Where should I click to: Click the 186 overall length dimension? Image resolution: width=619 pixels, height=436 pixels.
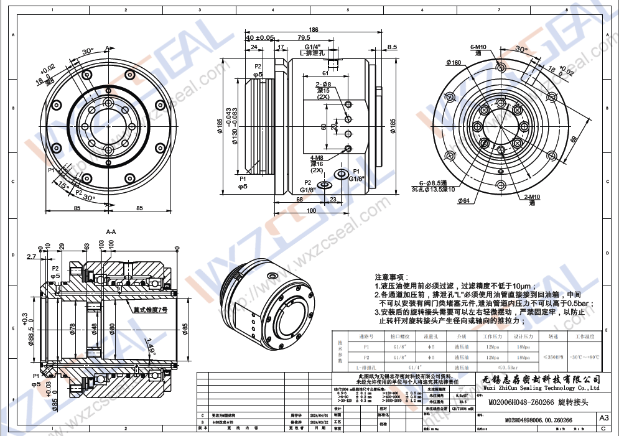coord(314,29)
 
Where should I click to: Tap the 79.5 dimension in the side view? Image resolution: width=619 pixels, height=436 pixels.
coord(304,38)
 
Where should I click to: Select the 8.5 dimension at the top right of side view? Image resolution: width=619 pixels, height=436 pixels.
coord(392,47)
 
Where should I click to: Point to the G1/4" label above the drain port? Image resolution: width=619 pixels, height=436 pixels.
coord(312,47)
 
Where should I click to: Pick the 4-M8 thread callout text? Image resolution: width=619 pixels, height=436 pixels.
coord(317,158)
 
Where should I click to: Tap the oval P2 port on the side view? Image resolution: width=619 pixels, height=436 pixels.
coord(324,185)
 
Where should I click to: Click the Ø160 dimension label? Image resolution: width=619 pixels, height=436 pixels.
coord(454,62)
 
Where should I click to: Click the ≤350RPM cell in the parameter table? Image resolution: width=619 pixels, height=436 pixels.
coord(554,357)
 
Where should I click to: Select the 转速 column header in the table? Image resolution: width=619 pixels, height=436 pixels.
coord(554,335)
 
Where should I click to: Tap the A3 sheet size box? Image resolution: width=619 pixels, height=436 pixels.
coord(603,418)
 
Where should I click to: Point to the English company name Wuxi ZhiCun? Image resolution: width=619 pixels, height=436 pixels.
coord(541,387)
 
